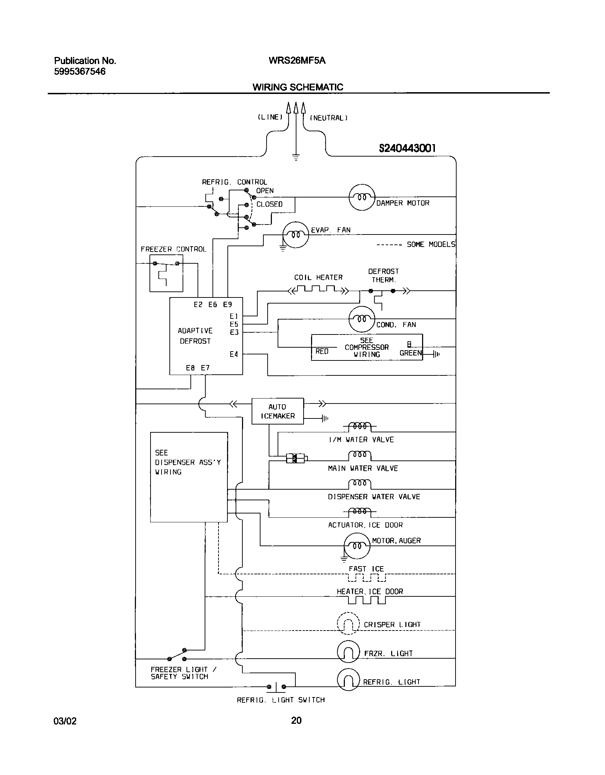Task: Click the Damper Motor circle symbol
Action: [x=362, y=197]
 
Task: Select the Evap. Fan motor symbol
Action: [x=295, y=234]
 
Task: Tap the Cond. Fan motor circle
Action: [x=362, y=319]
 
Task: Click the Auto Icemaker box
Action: [x=278, y=411]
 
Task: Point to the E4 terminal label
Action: [x=233, y=354]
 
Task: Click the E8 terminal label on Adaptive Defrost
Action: [x=190, y=368]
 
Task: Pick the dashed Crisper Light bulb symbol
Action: [x=348, y=623]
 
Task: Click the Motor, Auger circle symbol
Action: [x=357, y=546]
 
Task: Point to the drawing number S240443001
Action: [x=407, y=148]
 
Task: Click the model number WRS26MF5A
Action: [x=297, y=60]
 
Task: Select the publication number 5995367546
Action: [x=80, y=72]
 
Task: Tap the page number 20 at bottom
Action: [x=296, y=721]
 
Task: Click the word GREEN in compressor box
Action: [x=410, y=353]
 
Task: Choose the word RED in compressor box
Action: [x=322, y=351]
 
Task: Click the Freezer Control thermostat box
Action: [x=166, y=273]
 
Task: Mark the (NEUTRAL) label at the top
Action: [x=328, y=118]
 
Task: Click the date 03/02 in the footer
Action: [x=65, y=721]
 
